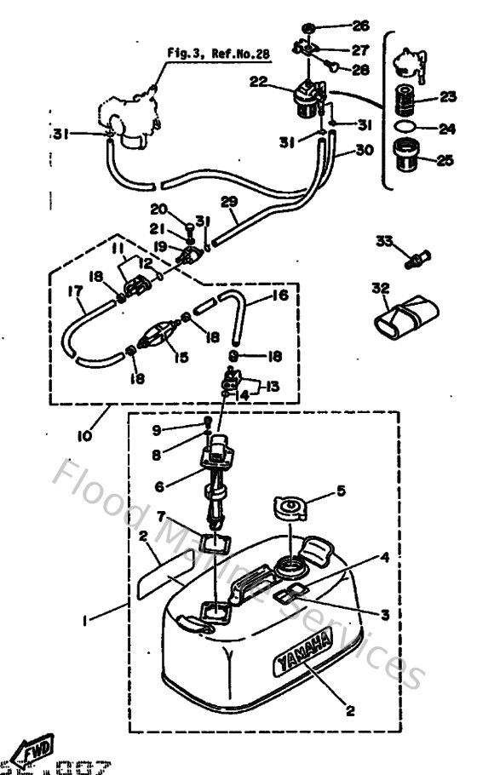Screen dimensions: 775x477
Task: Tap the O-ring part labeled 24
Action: [x=408, y=129]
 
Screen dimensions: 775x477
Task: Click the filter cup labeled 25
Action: [x=408, y=158]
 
